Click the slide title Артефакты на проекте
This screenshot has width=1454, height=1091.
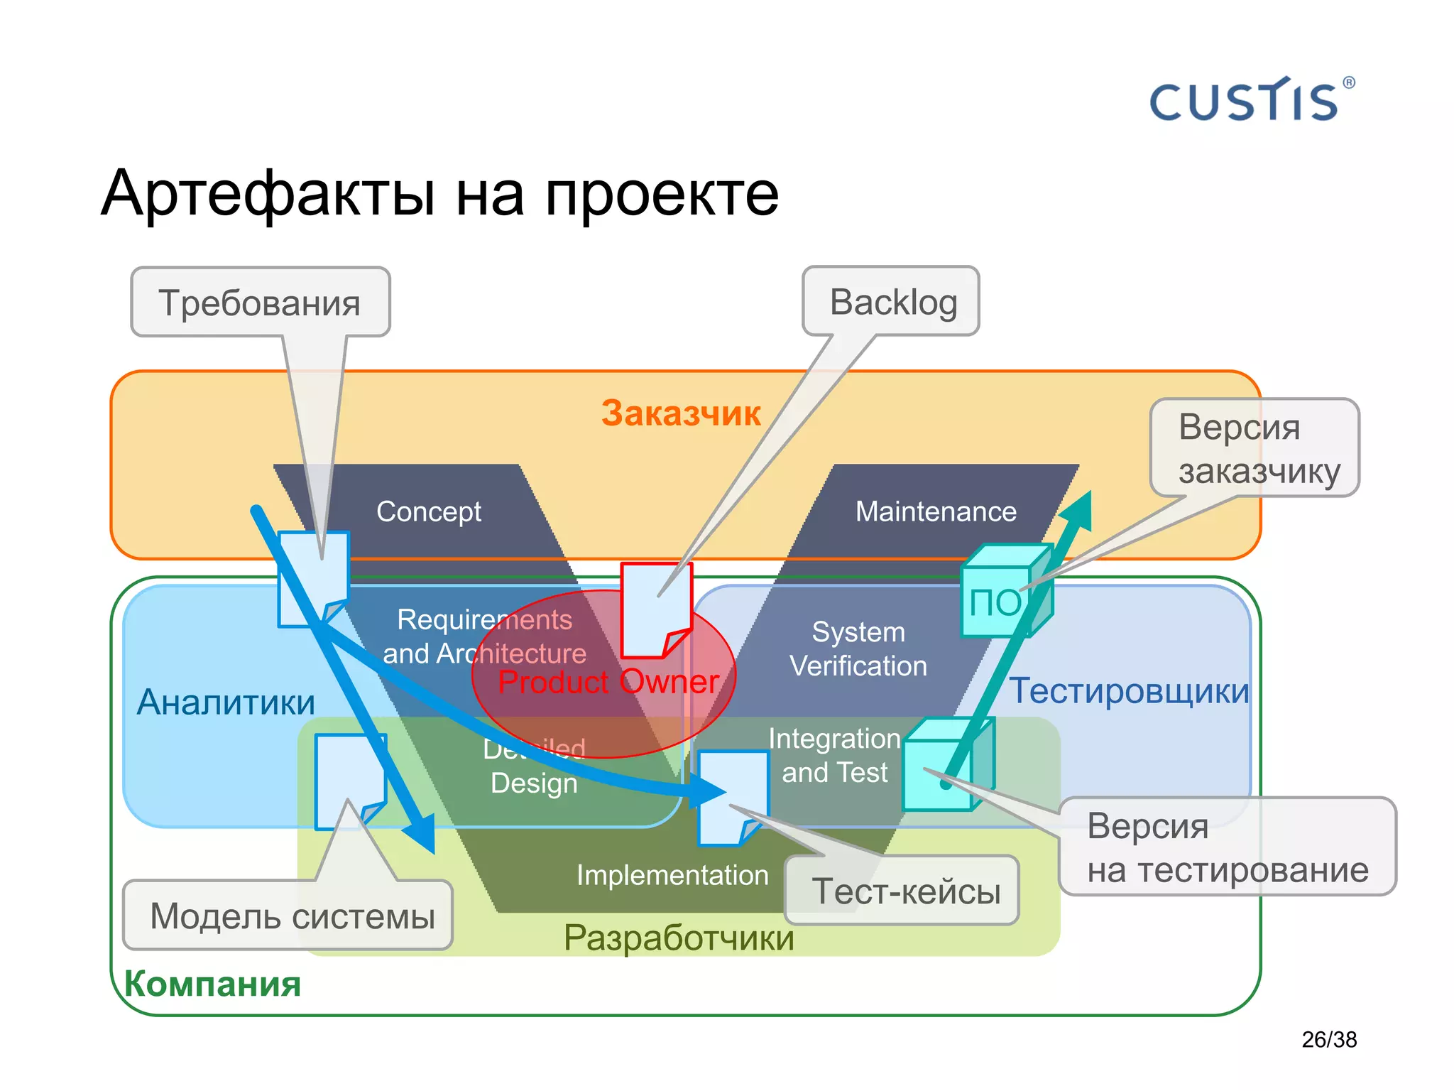click(440, 193)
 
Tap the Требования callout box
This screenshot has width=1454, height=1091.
click(260, 303)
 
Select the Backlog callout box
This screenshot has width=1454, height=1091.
click(892, 302)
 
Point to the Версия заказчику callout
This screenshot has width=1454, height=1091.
click(1255, 448)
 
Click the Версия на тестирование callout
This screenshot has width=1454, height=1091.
click(1227, 847)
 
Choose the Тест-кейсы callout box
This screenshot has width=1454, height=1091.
click(903, 891)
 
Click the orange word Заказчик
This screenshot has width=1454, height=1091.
click(680, 413)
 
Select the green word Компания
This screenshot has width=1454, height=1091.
click(212, 984)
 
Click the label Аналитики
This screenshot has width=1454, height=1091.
click(226, 702)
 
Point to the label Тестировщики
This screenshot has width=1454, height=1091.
click(1129, 690)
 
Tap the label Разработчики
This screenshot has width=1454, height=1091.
click(679, 938)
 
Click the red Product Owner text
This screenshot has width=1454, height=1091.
click(608, 682)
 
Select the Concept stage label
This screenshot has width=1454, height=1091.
click(428, 511)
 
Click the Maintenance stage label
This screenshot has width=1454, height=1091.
click(935, 511)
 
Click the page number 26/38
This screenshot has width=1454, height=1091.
click(1328, 1039)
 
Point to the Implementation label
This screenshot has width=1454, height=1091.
click(672, 875)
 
